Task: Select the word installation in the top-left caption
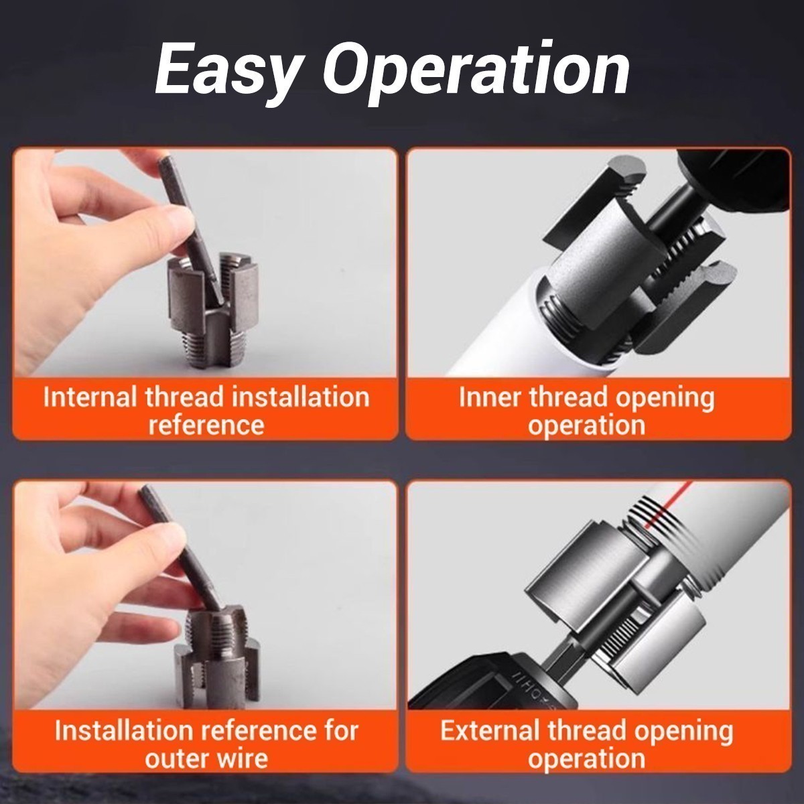click(x=300, y=397)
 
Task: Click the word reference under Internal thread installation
click(x=206, y=425)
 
